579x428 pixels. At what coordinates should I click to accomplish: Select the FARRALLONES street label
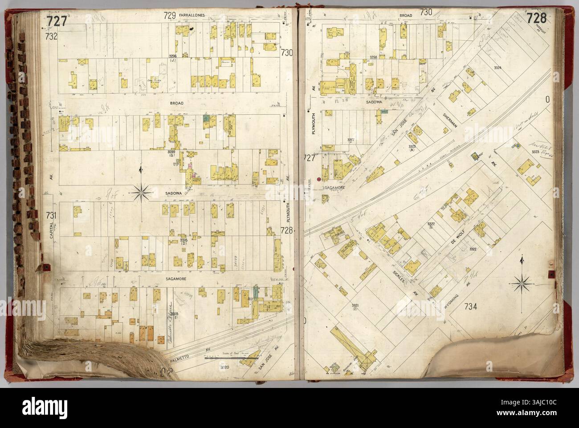(x=179, y=15)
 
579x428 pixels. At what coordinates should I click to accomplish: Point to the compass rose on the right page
(x=522, y=281)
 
